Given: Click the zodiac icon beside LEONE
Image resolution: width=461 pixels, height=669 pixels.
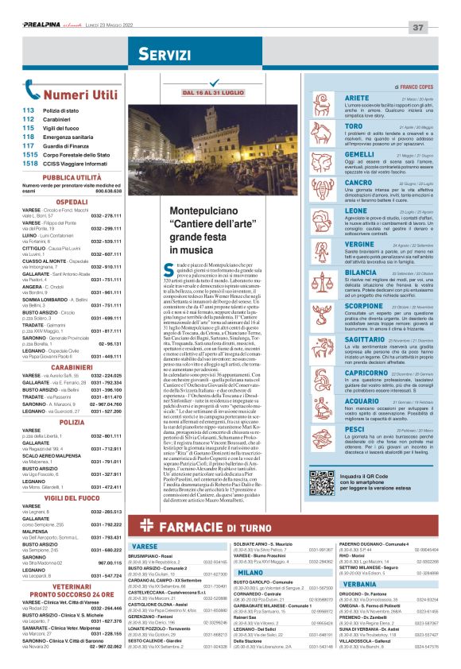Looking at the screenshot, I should click(307, 219).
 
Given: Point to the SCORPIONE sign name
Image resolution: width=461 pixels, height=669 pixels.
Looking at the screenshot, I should click(343, 305).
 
